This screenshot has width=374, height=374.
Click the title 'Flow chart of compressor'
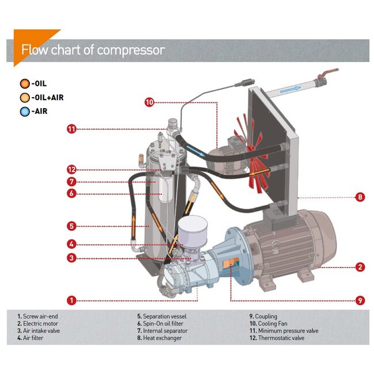[93, 50]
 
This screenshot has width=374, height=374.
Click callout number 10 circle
[150, 102]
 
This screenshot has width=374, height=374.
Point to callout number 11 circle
[71, 129]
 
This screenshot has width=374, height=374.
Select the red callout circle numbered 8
[360, 197]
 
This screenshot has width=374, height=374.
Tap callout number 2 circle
[360, 266]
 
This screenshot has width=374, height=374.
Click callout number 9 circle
[360, 300]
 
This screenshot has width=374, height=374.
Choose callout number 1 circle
[71, 300]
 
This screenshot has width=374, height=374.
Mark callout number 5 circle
[71, 226]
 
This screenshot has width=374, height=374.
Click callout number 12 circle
[71, 170]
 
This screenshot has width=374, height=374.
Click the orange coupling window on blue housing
[231, 262]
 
